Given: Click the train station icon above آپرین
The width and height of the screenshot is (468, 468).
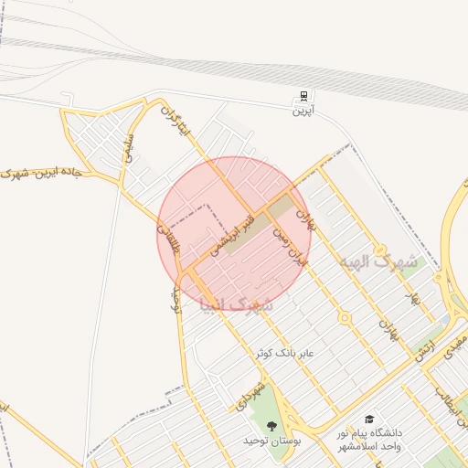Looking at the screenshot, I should [x=303, y=97].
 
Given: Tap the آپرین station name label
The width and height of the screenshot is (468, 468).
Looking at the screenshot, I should [x=303, y=112].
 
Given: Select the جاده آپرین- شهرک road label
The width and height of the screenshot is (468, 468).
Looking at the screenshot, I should [x=43, y=172].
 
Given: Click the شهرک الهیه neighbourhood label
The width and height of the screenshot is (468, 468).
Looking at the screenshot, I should [x=378, y=261].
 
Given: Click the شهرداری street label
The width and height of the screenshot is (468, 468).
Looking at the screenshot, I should [x=250, y=394].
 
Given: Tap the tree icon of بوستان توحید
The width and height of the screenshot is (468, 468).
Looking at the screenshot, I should [x=271, y=425].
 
